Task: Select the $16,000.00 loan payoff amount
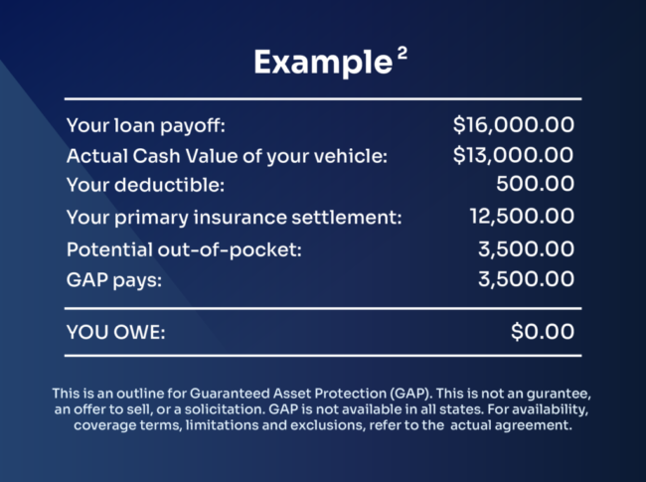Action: click(x=513, y=125)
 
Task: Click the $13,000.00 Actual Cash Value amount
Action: click(x=513, y=155)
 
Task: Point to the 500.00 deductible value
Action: click(x=535, y=184)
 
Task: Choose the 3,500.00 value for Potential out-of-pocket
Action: click(x=526, y=248)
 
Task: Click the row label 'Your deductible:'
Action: click(x=132, y=185)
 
